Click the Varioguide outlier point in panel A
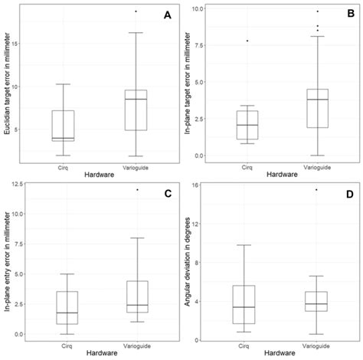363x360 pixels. point(136,11)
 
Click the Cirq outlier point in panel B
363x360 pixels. point(247,41)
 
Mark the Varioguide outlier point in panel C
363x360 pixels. point(138,189)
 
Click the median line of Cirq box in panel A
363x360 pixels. point(63,139)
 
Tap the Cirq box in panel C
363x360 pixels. point(67,308)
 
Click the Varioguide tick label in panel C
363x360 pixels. point(138,347)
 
